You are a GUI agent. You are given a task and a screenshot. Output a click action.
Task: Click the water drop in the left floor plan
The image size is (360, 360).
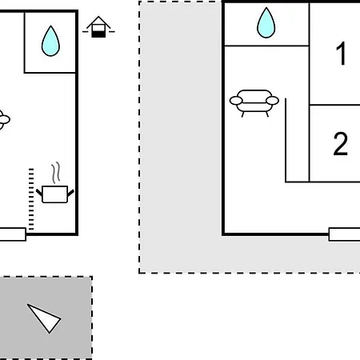[50, 42]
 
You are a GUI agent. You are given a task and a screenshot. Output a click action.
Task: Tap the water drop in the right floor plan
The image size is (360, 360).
[266, 23]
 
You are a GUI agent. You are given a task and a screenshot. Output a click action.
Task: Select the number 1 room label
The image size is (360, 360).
[341, 54]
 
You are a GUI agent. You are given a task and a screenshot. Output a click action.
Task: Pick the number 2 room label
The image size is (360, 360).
[341, 143]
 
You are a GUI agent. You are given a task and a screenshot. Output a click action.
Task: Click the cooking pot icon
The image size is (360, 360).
[55, 194]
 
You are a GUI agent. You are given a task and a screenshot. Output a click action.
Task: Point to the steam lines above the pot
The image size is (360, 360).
[56, 173]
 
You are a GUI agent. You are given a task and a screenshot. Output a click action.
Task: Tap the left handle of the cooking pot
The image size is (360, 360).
[39, 192]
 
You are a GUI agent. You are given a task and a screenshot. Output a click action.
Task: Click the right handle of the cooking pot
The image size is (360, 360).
[70, 193]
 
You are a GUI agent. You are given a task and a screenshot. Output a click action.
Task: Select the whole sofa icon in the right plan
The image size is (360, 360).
[254, 103]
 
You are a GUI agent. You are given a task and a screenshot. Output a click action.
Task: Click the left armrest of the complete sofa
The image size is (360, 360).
[236, 101]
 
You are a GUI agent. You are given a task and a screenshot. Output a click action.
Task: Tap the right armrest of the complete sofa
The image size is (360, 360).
[273, 101]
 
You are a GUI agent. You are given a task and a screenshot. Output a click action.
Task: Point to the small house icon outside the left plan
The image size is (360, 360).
[98, 27]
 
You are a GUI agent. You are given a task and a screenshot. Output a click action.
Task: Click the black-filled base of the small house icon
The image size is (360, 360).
[98, 34]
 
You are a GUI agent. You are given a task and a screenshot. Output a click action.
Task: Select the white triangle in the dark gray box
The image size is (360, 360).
[44, 318]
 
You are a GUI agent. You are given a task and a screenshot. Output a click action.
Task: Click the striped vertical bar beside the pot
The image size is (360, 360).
[31, 199]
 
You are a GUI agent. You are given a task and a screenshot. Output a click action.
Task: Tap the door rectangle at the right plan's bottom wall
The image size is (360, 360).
[344, 234]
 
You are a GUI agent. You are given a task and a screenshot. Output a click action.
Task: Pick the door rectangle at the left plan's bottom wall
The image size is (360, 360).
[13, 234]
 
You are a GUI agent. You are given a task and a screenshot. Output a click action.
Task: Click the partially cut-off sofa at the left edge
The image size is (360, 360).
[5, 120]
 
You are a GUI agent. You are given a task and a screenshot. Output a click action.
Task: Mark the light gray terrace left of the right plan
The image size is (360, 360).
[180, 134]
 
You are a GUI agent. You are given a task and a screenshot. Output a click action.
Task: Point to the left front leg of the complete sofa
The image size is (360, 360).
[242, 114]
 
